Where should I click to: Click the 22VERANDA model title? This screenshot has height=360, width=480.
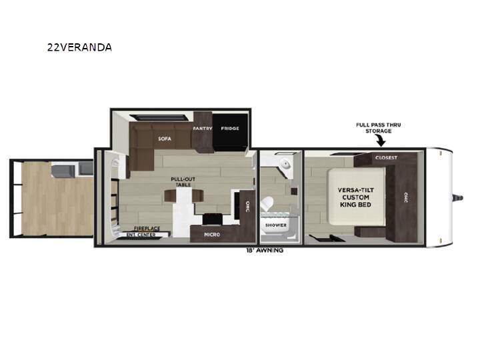click(x=79, y=47)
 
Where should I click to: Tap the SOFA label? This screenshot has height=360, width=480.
click(x=165, y=139)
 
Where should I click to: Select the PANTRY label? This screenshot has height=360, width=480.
click(x=203, y=128)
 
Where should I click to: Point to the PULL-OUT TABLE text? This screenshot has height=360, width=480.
click(x=183, y=182)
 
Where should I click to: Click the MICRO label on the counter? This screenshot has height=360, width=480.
click(x=212, y=234)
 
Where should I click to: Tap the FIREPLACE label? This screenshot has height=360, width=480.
click(x=147, y=229)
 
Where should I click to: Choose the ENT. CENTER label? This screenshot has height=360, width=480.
click(x=141, y=235)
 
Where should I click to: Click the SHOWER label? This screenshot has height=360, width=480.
click(x=276, y=225)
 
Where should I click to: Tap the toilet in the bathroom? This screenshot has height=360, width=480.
click(x=267, y=203)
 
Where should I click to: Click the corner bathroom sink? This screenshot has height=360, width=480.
click(x=287, y=164)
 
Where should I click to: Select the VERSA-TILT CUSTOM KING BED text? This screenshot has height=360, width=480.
click(x=356, y=197)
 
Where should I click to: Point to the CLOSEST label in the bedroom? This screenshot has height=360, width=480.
click(x=386, y=157)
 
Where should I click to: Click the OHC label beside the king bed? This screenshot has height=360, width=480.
click(x=406, y=197)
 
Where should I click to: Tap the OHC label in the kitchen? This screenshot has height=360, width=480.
click(x=247, y=206)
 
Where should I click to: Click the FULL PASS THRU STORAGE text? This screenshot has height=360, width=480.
click(x=379, y=127)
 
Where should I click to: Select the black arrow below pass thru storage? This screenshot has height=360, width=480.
click(x=381, y=141)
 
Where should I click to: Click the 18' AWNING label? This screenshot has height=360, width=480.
click(x=265, y=250)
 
